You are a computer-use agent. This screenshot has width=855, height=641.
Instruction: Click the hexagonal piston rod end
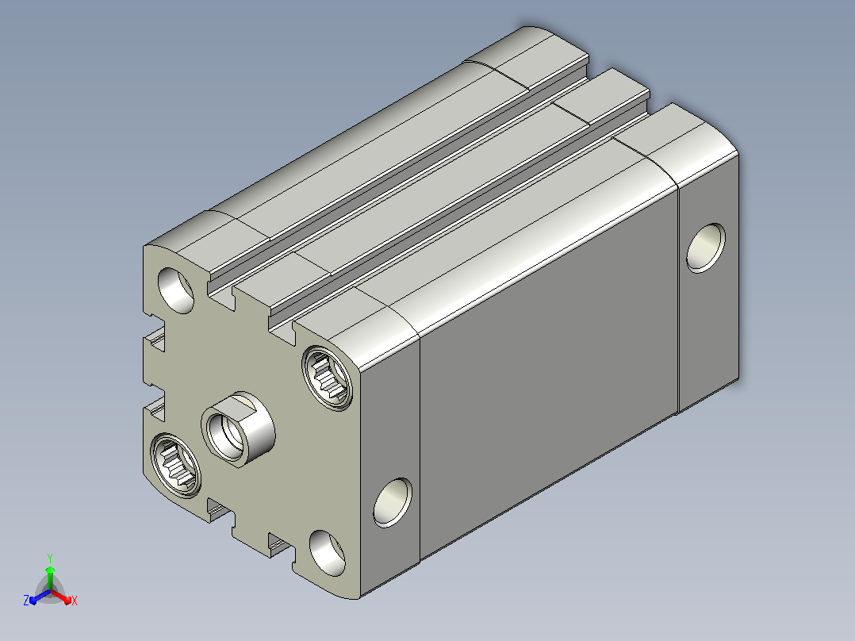coord(238,429)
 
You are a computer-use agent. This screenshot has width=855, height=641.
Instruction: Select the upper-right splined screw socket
coord(327,378)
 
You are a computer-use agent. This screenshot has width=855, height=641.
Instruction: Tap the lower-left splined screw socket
coord(175,465)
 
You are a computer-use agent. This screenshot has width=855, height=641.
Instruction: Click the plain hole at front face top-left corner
coord(175,290)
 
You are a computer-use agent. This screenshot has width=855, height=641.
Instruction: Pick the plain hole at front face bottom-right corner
coord(327,553)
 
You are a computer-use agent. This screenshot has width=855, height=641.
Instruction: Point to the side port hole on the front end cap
coord(393,502)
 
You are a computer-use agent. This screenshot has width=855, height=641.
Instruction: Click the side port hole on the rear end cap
coord(706,248)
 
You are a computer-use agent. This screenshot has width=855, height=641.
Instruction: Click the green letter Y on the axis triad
coord(50,558)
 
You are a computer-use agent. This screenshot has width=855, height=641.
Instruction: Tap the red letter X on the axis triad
coord(75,601)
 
